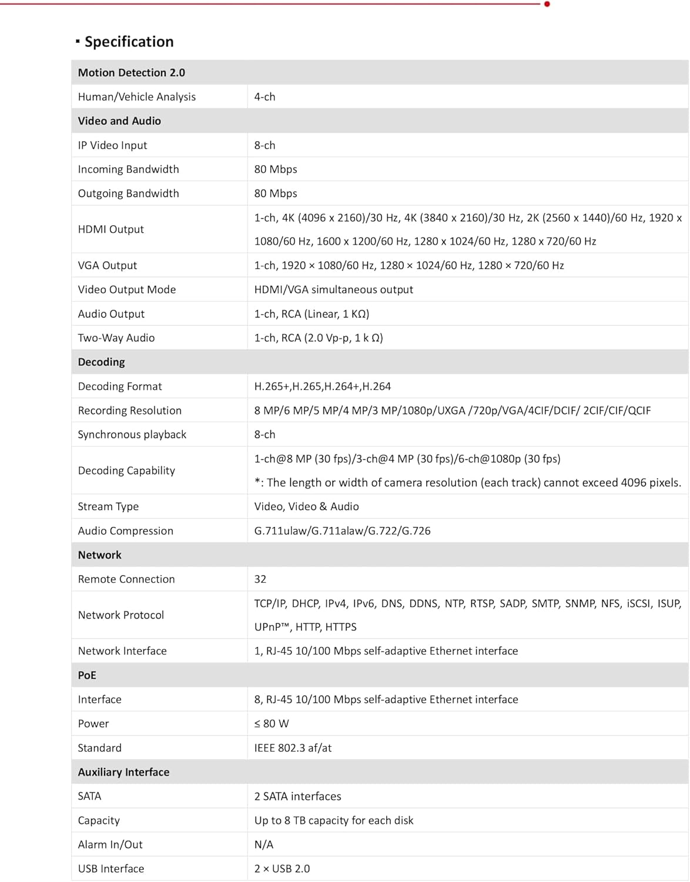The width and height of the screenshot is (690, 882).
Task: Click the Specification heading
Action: click(x=129, y=42)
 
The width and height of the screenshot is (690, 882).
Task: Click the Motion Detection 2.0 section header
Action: click(x=131, y=72)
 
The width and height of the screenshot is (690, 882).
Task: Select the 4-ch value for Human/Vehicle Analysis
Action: click(x=264, y=96)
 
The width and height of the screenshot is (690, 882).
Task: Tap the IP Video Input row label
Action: click(x=112, y=145)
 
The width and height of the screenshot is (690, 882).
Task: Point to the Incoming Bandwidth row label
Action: click(x=128, y=169)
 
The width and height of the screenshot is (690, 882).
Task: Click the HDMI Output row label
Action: click(x=110, y=229)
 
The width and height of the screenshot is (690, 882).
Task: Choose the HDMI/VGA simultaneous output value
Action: click(x=333, y=289)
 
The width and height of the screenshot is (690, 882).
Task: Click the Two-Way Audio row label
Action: click(x=116, y=338)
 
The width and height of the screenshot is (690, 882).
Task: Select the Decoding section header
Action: click(x=101, y=362)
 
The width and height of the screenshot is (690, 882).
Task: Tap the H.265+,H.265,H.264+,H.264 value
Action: click(x=322, y=386)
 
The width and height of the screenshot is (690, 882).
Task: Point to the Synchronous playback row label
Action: click(x=132, y=435)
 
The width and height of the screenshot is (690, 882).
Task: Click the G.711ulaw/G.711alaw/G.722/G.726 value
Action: click(x=342, y=531)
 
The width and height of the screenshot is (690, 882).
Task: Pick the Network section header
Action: click(x=99, y=555)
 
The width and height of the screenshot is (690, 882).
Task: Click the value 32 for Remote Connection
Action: click(x=260, y=579)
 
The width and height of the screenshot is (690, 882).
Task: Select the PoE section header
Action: click(x=87, y=676)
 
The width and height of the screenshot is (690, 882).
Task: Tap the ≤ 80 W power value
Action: click(x=271, y=724)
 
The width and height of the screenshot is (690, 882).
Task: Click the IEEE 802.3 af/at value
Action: click(x=293, y=748)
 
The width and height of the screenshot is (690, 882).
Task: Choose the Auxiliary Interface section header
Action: click(x=123, y=772)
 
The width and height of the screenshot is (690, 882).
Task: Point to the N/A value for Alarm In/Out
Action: click(x=263, y=844)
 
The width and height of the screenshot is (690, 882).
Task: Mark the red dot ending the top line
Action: click(x=547, y=4)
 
